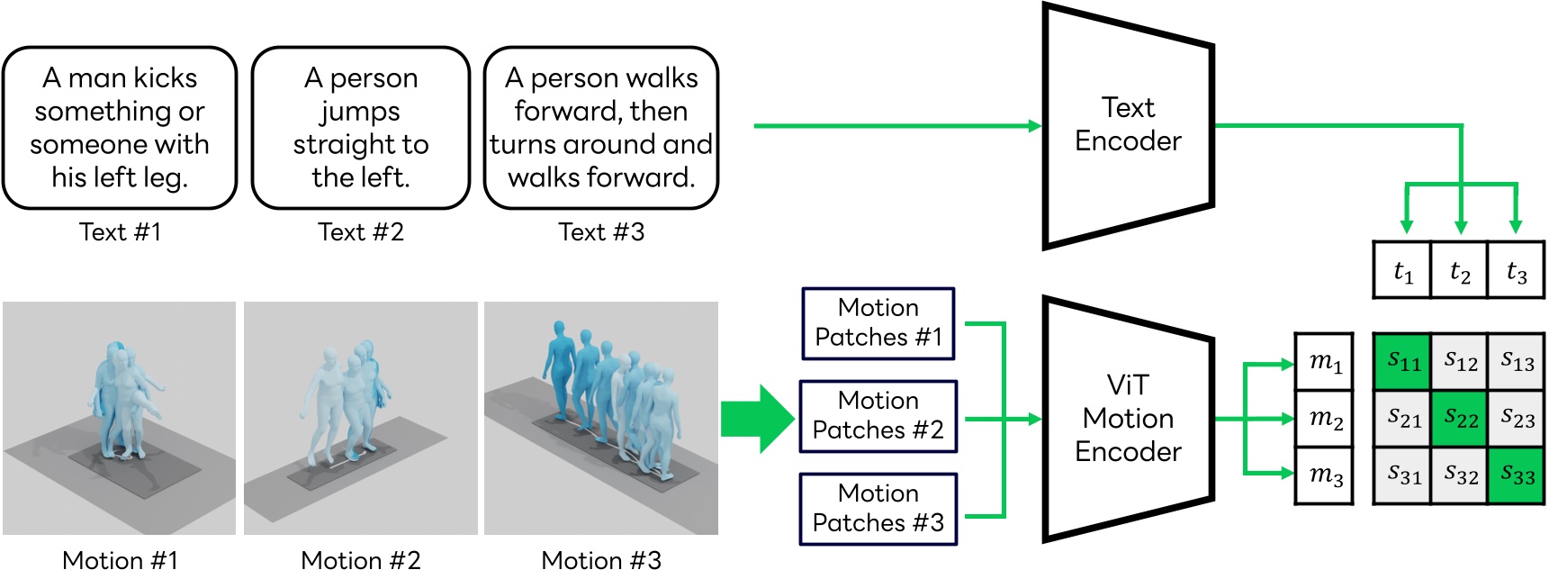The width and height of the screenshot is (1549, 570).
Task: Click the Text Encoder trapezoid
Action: click(x=1128, y=125)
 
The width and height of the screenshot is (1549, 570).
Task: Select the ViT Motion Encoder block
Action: click(x=1128, y=419)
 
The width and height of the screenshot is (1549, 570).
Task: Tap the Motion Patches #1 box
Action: click(x=878, y=323)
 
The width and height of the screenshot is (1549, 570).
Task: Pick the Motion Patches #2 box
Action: click(x=878, y=416)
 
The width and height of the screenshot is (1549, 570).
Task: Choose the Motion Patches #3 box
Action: click(x=878, y=509)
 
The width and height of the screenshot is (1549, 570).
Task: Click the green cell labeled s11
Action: click(x=1402, y=362)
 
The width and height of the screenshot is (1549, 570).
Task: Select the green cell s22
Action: click(x=1460, y=418)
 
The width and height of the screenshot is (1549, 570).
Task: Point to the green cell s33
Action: click(x=1517, y=475)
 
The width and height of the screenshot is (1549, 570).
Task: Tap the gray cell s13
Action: click(x=1517, y=362)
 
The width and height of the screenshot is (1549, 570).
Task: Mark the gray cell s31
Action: click(x=1402, y=475)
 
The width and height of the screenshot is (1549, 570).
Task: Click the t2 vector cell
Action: click(x=1460, y=271)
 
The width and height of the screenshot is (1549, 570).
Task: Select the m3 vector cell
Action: click(x=1324, y=475)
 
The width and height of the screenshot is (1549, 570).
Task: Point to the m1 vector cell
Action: click(x=1324, y=362)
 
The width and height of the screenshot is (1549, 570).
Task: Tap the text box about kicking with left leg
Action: click(x=120, y=128)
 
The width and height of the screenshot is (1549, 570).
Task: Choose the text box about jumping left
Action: click(x=360, y=128)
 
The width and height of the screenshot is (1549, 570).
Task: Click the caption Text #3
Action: click(x=601, y=232)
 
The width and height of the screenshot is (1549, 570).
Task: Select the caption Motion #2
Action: click(x=360, y=560)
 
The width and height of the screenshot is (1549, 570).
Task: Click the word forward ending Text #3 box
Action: click(x=646, y=177)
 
